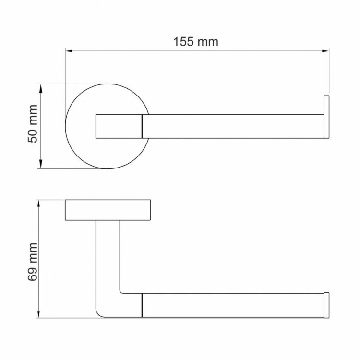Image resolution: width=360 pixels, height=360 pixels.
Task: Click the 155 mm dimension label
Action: click(195, 42)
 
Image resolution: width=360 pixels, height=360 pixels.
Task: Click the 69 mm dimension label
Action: click(32, 260)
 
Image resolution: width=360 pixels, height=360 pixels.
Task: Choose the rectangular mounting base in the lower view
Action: click(108, 210)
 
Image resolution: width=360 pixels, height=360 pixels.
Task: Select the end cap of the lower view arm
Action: click(327, 305)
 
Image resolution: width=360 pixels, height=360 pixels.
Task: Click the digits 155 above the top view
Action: click(185, 42)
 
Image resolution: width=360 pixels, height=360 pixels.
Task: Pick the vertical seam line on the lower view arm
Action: click(142, 305)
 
